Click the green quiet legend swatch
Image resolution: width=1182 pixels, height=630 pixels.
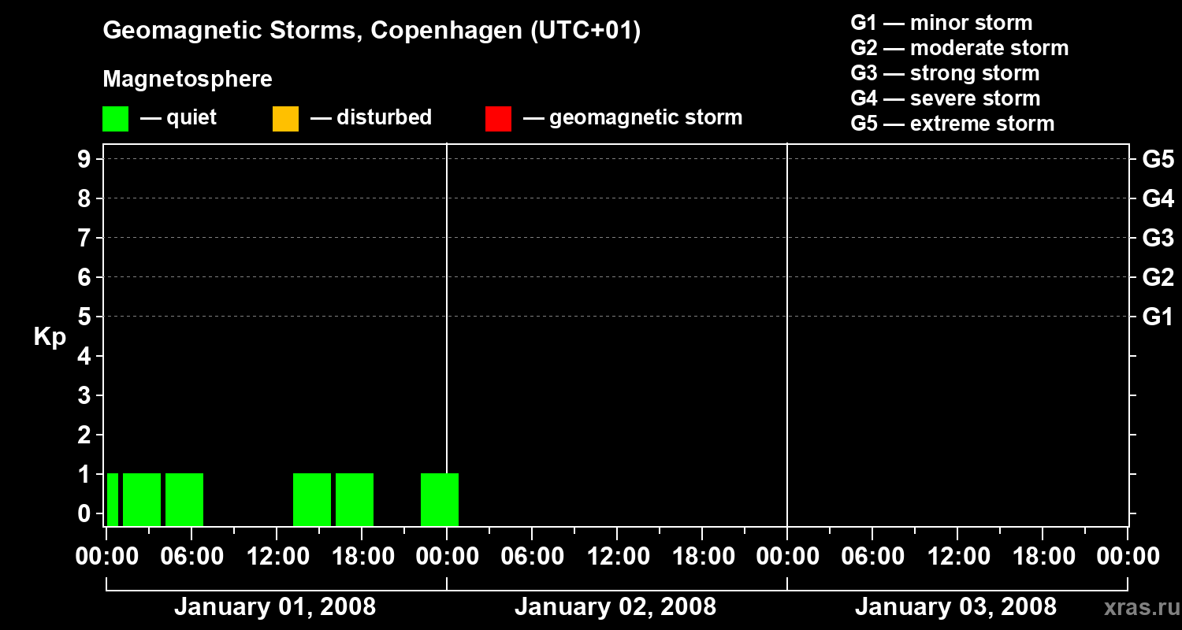[x=115, y=118]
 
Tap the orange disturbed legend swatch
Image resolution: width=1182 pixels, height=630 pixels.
[x=285, y=118]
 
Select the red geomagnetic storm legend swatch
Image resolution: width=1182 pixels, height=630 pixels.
[x=498, y=118]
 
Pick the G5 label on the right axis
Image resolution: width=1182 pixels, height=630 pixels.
[x=1158, y=159]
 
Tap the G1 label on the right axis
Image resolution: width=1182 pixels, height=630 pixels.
[x=1158, y=317]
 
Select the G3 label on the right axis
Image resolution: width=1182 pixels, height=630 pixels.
[x=1158, y=238]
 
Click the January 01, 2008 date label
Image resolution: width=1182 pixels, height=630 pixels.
[x=274, y=606]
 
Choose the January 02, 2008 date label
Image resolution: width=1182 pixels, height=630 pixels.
[x=615, y=606]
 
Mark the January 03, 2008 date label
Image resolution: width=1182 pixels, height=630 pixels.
[x=955, y=606]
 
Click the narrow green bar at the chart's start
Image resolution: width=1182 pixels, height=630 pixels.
[x=113, y=499]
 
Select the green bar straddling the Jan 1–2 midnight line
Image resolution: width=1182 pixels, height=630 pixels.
[x=439, y=499]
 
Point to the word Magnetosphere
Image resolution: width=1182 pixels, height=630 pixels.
[x=188, y=80]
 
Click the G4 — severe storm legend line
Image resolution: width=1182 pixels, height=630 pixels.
[x=945, y=98]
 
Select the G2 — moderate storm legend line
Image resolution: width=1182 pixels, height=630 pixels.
[x=959, y=48]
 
